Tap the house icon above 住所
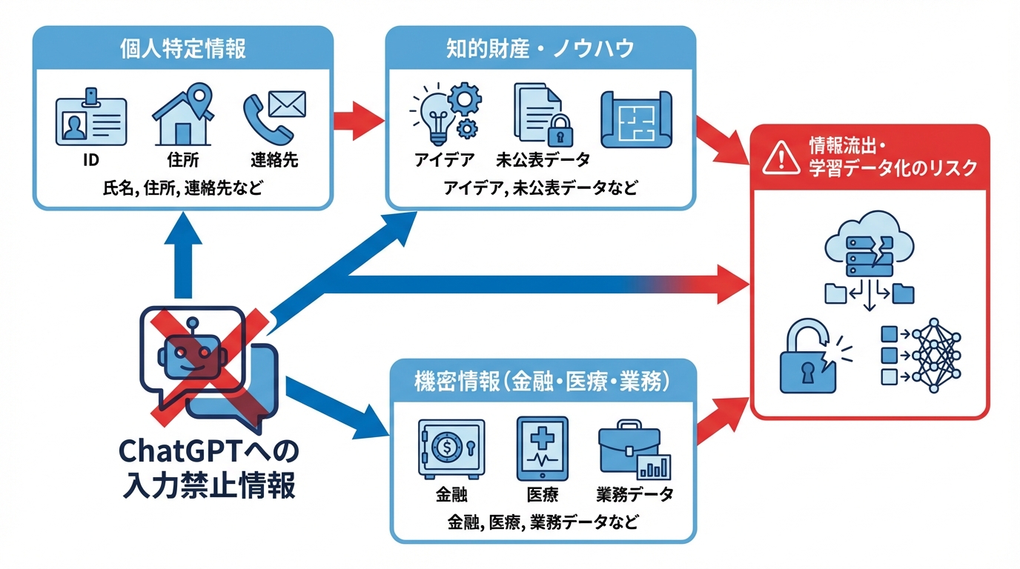(183, 117)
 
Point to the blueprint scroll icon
(635, 117)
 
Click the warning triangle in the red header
(778, 157)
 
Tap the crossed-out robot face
(193, 353)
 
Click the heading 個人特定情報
(182, 49)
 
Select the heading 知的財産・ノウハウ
(540, 49)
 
